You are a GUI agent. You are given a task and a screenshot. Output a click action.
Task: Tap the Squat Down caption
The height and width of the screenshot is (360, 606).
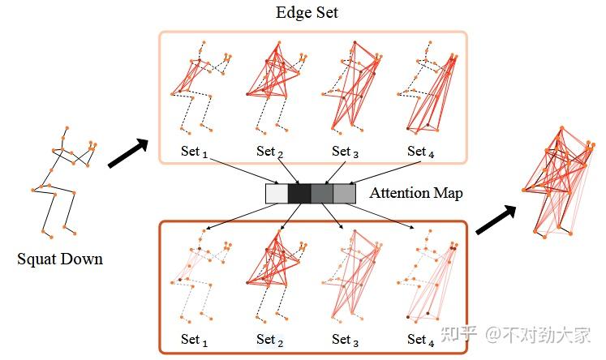pyautogui.click(x=61, y=259)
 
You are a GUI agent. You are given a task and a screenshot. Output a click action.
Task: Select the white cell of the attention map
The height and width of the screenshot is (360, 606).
pyautogui.click(x=277, y=194)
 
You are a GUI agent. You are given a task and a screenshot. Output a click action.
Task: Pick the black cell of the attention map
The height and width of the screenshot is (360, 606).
pyautogui.click(x=299, y=194)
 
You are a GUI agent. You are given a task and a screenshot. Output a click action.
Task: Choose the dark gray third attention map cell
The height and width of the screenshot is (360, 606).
pyautogui.click(x=322, y=194)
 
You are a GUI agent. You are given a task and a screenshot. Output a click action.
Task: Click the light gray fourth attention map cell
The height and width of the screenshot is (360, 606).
pyautogui.click(x=345, y=194)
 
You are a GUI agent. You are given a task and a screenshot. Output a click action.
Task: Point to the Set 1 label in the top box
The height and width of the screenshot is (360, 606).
pyautogui.click(x=195, y=151)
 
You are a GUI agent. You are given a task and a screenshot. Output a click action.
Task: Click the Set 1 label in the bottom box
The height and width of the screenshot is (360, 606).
pyautogui.click(x=195, y=339)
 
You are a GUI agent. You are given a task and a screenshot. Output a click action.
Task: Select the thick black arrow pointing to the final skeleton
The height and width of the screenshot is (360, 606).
pyautogui.click(x=496, y=218)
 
